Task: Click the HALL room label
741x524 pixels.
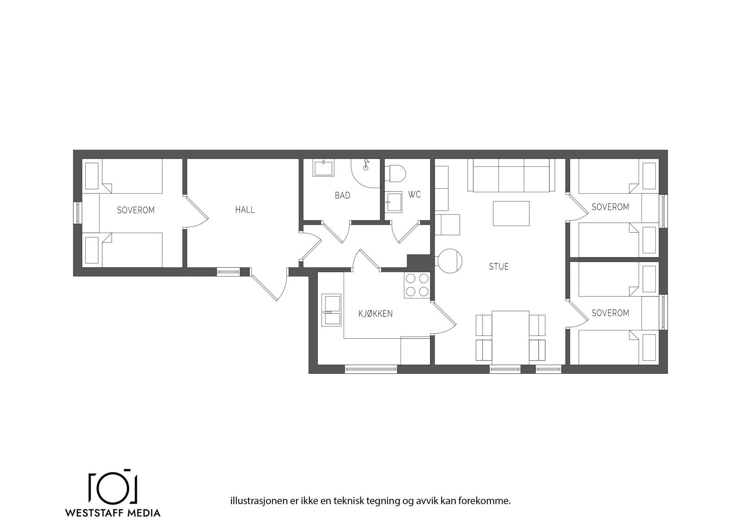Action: point(245,210)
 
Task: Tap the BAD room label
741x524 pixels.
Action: point(342,196)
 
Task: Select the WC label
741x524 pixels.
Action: point(414,195)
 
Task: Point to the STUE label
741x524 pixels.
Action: point(499,266)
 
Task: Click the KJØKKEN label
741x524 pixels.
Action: point(375,314)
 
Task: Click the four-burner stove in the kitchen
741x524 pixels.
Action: point(417,285)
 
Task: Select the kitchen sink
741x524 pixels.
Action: point(332,309)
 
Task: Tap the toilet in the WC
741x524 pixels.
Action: point(396,173)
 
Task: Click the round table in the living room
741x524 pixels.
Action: point(450,261)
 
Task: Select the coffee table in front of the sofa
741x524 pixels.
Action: point(511,213)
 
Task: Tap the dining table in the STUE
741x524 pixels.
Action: point(510,337)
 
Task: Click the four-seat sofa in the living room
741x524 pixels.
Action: point(511,175)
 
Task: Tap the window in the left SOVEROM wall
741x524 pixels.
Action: point(78,213)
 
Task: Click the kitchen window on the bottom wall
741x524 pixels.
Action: point(370,369)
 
